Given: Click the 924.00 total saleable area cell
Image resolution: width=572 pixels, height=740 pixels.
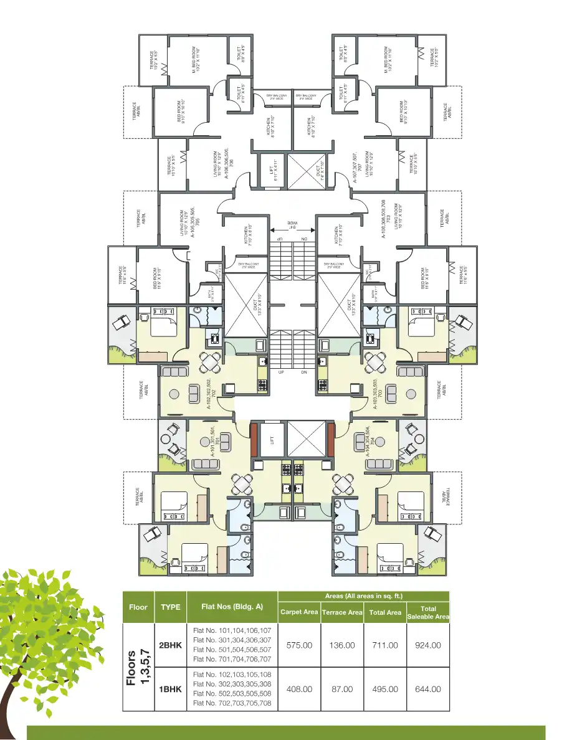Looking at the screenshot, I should pos(427,645).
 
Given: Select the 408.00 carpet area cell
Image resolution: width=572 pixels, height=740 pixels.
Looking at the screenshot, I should pos(299,689).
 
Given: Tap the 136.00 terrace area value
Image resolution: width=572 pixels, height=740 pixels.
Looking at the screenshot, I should pos(342,645).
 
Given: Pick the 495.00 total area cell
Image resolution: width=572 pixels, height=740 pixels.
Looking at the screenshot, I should pos(385,689).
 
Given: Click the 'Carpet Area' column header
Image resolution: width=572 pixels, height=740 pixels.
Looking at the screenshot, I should pos(299,612).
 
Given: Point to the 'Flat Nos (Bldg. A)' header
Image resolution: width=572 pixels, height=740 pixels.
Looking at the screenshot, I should pos(232,606).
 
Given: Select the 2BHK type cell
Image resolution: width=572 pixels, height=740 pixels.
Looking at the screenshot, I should pos(170,645).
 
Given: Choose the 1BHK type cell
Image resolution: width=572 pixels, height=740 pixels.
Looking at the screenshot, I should pos(170,689).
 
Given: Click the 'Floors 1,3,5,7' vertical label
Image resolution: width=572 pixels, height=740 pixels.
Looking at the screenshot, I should pos(137,667).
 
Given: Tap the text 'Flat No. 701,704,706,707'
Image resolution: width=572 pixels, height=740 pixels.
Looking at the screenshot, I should pos(232,659).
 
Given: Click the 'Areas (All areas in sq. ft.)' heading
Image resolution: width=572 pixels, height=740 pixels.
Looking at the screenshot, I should pos(363,596).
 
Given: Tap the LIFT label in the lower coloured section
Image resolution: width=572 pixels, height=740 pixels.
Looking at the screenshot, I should pos(272,440).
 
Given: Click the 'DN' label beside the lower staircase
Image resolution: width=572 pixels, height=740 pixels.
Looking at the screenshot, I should pos(304,372).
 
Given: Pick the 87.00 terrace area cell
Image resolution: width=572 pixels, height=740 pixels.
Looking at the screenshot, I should pos(342,689).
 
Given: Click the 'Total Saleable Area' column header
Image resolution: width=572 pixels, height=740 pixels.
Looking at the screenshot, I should pos(427,612).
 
